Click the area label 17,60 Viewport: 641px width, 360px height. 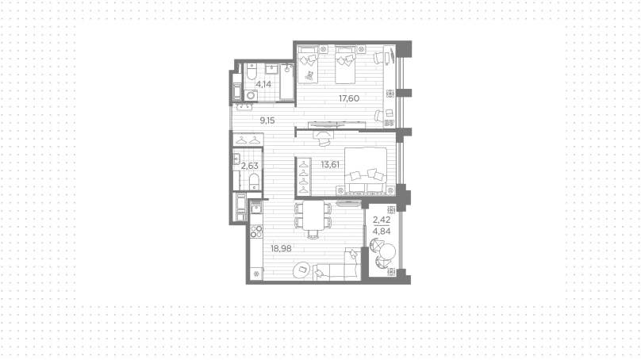pos(349,98)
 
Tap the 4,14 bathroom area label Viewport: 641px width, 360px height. pos(263,84)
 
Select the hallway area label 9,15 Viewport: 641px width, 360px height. pos(267,121)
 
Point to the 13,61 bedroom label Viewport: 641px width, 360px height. pos(330,165)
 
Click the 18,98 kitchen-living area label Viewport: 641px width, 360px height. pos(281,248)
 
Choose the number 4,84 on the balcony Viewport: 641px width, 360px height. pos(382,232)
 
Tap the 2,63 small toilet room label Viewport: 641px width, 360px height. pos(249,166)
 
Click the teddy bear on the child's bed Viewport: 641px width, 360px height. pos(309,75)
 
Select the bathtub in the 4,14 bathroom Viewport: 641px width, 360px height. pos(287,82)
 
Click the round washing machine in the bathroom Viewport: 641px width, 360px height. pos(251,95)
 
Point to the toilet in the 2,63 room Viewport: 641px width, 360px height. pos(255,182)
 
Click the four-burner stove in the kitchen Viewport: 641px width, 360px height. pos(256,232)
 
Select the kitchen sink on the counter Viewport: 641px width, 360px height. pos(256,209)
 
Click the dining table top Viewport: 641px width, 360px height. pos(313,216)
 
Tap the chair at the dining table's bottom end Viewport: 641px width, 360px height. pos(313,234)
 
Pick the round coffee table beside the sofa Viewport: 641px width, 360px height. pos(302,270)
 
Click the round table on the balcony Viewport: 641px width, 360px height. pos(387,251)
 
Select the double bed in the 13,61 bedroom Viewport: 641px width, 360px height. pos(366,170)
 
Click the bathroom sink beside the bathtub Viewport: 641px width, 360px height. pos(272,69)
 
